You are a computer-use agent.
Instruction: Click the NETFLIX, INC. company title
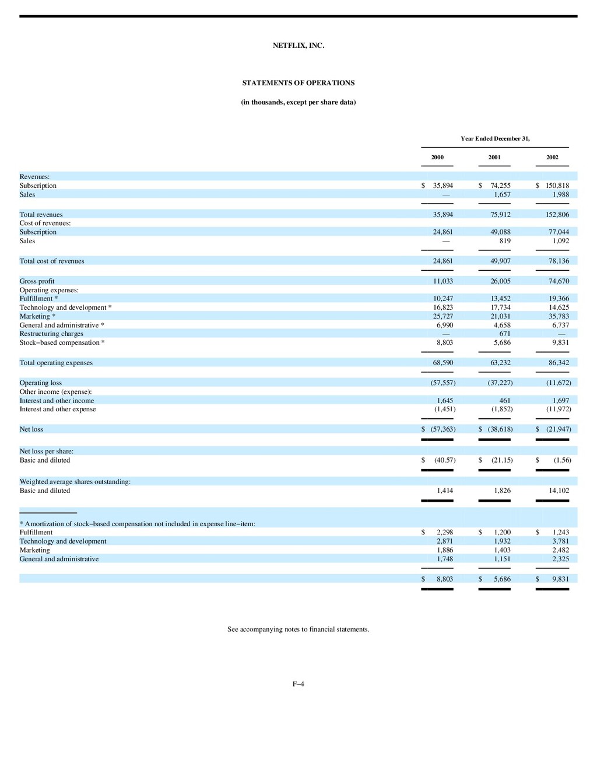point(298,46)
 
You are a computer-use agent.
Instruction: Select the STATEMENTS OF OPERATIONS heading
point(298,83)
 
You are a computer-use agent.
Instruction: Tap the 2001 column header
point(494,158)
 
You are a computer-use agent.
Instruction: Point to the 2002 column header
point(552,158)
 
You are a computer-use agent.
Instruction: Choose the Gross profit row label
point(37,281)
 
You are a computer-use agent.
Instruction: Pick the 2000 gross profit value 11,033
point(443,281)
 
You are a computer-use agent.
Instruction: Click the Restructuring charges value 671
point(504,334)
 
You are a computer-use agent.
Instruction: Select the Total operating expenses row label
point(56,363)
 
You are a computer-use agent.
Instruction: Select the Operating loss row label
point(40,383)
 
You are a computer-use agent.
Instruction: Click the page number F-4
point(298,684)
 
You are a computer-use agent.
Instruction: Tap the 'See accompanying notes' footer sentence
point(298,629)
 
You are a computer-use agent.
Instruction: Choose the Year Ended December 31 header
point(495,139)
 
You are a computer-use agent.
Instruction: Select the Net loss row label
point(31,429)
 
